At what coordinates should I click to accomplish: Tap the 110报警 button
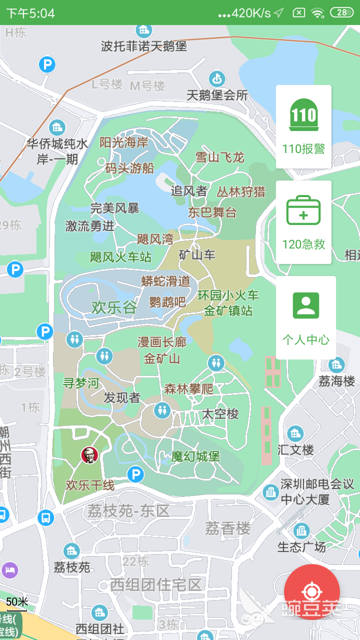[303, 126]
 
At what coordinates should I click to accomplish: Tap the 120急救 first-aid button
[303, 222]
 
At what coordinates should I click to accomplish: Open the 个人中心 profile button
[305, 317]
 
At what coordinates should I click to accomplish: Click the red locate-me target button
[311, 592]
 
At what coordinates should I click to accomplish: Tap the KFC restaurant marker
[89, 455]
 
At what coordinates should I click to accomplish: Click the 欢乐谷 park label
[114, 307]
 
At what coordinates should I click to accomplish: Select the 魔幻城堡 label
[195, 456]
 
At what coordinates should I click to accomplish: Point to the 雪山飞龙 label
[219, 157]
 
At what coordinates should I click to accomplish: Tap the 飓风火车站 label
[120, 257]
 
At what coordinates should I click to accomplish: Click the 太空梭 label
[220, 414]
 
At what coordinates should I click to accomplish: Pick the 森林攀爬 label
[188, 389]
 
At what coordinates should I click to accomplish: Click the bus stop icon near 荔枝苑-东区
[45, 517]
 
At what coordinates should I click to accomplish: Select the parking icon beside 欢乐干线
[135, 474]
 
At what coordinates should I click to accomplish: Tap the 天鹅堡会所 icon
[216, 78]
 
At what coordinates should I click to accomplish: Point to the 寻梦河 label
[81, 383]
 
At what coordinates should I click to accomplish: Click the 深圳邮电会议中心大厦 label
[317, 491]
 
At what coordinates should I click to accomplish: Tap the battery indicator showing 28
[341, 12]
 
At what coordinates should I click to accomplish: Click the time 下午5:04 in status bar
[30, 13]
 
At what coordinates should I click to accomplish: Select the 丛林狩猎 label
[241, 191]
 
